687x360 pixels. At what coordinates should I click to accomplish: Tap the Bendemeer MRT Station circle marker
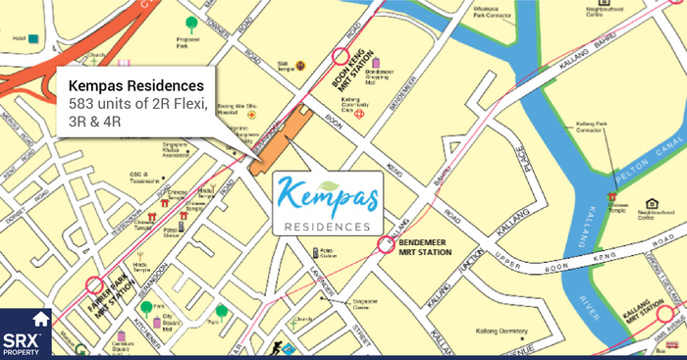coord(384,246)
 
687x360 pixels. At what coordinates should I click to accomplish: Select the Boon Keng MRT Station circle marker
coord(341,58)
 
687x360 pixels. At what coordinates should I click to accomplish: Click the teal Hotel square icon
coord(33,39)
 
